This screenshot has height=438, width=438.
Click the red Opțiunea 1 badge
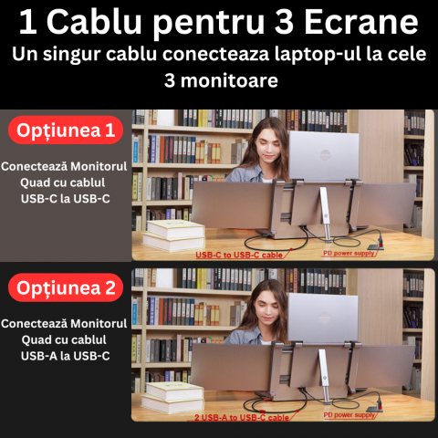66,130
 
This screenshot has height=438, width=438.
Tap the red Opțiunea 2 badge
66,287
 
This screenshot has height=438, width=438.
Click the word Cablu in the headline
94,23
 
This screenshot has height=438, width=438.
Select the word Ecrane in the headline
361,23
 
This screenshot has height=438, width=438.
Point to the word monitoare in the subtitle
229,81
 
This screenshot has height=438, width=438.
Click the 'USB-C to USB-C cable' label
239,255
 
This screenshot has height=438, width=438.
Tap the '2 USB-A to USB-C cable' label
242,418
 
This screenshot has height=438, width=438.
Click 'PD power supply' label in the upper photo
349,253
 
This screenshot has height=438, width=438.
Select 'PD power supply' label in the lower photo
349,415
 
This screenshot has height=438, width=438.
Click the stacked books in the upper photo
174,235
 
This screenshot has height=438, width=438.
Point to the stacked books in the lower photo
172,398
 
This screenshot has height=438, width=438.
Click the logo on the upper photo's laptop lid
326,155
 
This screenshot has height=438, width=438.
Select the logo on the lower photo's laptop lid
325,316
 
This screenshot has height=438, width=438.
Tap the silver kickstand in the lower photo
324,377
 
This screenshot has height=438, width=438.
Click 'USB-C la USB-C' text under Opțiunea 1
66,199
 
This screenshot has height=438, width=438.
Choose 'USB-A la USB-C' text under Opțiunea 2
66,356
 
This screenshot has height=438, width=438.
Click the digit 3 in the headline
284,23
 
